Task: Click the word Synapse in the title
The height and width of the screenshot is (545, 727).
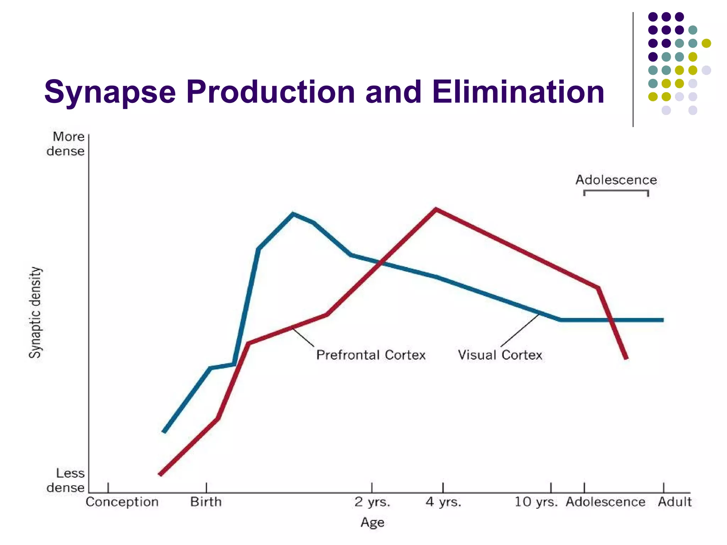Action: click(x=110, y=92)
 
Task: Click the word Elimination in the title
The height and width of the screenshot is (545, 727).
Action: click(x=518, y=92)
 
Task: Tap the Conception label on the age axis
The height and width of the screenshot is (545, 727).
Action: click(x=122, y=502)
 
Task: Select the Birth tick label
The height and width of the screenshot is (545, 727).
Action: click(x=206, y=502)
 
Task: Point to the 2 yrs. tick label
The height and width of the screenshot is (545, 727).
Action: click(x=372, y=502)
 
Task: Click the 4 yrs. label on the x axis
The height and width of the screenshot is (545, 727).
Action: click(x=443, y=502)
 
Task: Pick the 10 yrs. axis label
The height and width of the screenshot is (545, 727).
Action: click(x=536, y=502)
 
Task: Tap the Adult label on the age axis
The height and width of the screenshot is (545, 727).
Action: click(x=674, y=502)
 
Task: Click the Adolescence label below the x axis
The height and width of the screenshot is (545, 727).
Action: click(x=606, y=502)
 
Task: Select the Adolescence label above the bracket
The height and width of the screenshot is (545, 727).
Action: click(x=616, y=180)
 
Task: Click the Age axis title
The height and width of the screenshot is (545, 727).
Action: click(x=372, y=522)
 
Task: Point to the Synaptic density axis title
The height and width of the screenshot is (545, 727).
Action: click(x=35, y=312)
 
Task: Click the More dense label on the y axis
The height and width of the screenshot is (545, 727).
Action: click(x=66, y=144)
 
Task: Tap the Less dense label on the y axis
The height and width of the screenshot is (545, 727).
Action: click(x=66, y=480)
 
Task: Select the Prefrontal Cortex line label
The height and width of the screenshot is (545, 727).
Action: click(x=371, y=355)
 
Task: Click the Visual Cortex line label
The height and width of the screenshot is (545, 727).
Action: click(x=500, y=355)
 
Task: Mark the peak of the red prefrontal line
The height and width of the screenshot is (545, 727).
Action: click(x=436, y=209)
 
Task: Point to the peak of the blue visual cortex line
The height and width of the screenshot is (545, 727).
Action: click(x=293, y=214)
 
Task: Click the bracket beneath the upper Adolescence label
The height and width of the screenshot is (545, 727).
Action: click(x=616, y=192)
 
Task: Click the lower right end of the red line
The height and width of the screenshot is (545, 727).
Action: click(x=626, y=358)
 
